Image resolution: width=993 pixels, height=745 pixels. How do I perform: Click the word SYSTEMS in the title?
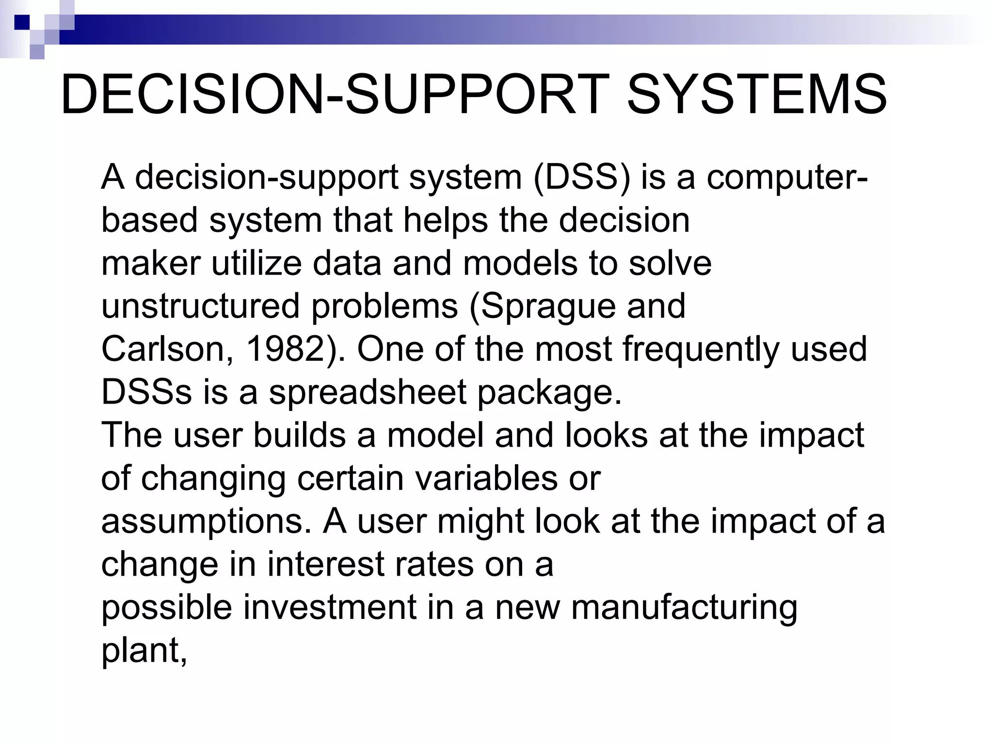[757, 94]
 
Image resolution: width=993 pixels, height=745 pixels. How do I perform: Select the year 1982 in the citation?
[285, 349]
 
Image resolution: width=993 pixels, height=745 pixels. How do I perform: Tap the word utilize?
[256, 264]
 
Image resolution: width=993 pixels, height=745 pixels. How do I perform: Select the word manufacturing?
[684, 607]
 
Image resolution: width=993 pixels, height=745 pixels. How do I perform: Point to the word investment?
[330, 607]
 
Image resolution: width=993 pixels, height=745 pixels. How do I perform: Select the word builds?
[299, 435]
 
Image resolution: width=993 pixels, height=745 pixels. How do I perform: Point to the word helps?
[446, 221]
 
